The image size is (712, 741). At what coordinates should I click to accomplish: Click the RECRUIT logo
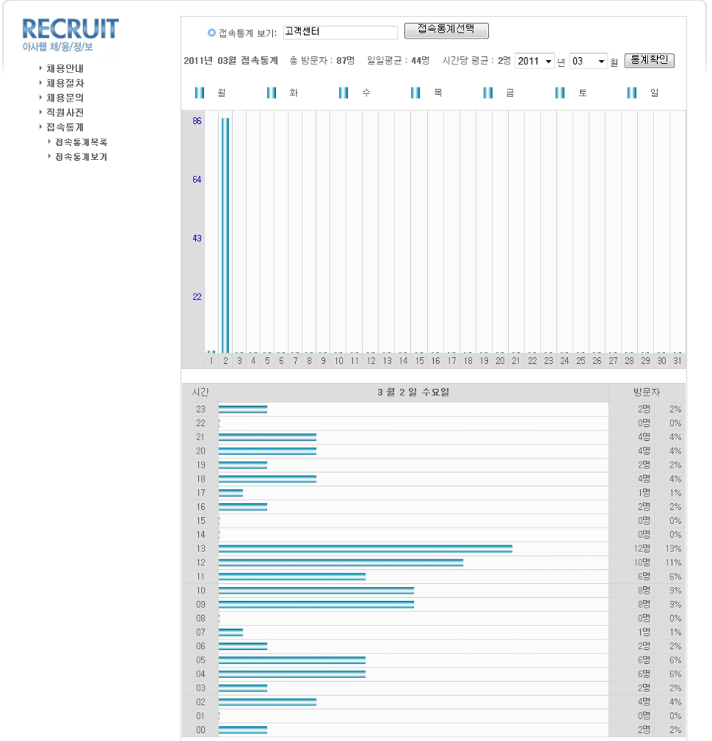point(70,35)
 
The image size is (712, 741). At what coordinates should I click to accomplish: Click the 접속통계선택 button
point(446,30)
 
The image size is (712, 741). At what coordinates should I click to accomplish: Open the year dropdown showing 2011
point(534,62)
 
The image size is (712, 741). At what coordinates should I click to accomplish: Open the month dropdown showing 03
point(588,62)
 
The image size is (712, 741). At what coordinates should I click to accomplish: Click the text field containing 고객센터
point(340,33)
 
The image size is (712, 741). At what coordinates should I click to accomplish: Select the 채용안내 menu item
point(65,68)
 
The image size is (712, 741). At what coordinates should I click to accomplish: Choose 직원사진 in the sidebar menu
point(65,113)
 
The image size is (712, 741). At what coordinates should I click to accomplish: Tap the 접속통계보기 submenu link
point(81,157)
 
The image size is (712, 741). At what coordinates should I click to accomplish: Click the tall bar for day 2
point(225,234)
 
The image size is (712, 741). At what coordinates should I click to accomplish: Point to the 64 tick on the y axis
point(197,179)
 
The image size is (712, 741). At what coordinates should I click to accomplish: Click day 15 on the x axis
point(419,361)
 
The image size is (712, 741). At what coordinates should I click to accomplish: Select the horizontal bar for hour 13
point(365,549)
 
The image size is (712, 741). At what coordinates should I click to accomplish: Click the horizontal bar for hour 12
point(340,563)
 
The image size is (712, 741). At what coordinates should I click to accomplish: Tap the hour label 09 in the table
point(200,605)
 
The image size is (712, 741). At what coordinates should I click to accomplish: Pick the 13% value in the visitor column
point(673,549)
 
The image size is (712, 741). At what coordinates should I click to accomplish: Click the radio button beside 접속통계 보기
point(211,33)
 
